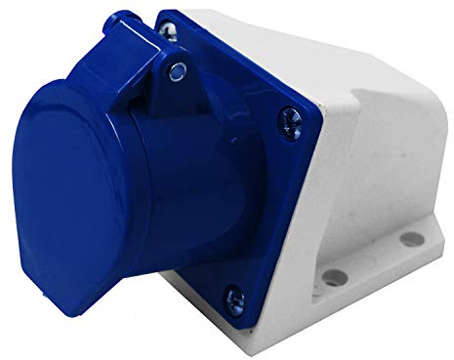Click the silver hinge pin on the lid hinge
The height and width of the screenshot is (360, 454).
pyautogui.click(x=176, y=69)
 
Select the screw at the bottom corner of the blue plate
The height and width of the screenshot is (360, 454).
pyautogui.click(x=233, y=298)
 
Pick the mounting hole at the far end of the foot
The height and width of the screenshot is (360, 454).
pyautogui.click(x=411, y=238)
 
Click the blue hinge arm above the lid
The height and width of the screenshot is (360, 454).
pyautogui.click(x=146, y=59)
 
